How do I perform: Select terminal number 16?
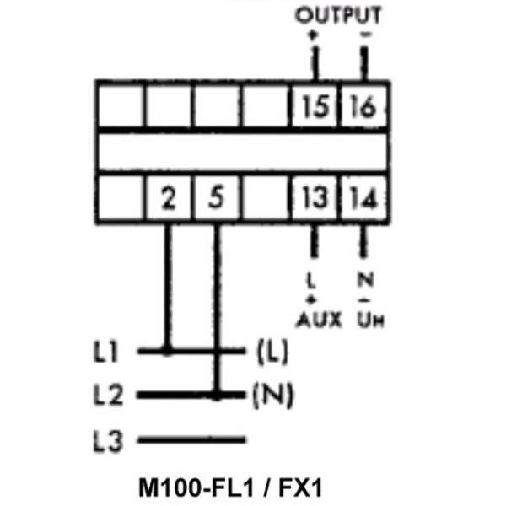pyautogui.click(x=363, y=105)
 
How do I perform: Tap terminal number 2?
pyautogui.click(x=169, y=197)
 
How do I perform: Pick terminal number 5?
pyautogui.click(x=216, y=196)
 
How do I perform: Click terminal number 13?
pyautogui.click(x=314, y=196)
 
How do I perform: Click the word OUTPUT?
pyautogui.click(x=338, y=15)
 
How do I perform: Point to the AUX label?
pyautogui.click(x=319, y=320)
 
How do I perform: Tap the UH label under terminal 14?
pyautogui.click(x=371, y=320)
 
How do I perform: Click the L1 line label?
pyautogui.click(x=105, y=351)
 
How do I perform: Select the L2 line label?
pyautogui.click(x=108, y=395)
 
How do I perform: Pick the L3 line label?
pyautogui.click(x=108, y=441)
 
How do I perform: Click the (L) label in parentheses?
pyautogui.click(x=272, y=352)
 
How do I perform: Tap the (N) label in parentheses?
pyautogui.click(x=273, y=395)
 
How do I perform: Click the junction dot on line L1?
pyautogui.click(x=167, y=351)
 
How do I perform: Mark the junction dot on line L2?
pyautogui.click(x=217, y=395)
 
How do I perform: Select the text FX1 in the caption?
pyautogui.click(x=300, y=487)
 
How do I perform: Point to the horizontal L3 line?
pyautogui.click(x=191, y=439)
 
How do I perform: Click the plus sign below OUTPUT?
pyautogui.click(x=312, y=35)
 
